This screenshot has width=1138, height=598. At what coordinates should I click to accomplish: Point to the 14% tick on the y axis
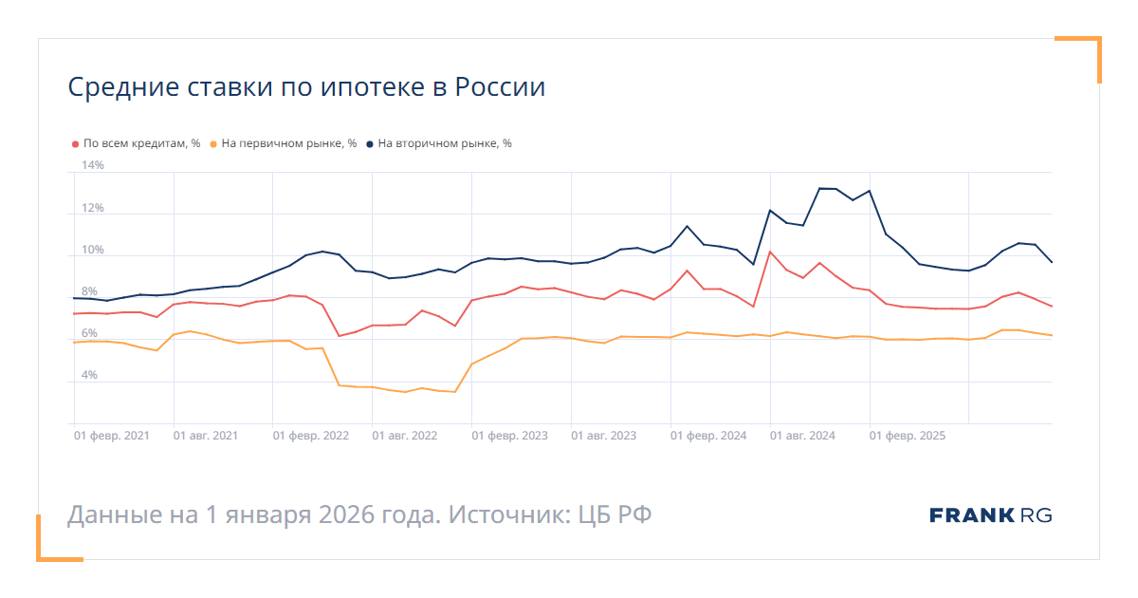click(92, 165)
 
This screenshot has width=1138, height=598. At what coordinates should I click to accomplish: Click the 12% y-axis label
click(92, 208)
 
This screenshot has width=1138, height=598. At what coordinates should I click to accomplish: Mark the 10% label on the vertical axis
click(92, 250)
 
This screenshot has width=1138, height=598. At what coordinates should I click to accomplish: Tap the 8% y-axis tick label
click(89, 291)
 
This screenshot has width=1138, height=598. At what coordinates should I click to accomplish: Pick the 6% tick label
click(89, 333)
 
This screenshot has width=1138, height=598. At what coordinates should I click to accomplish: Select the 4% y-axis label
click(89, 375)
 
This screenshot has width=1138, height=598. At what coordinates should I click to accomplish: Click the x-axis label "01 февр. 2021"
click(112, 436)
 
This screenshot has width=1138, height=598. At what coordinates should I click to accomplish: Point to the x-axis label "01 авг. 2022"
click(405, 436)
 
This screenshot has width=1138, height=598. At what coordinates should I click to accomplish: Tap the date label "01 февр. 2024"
click(708, 436)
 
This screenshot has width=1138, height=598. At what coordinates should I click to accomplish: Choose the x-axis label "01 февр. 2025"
click(908, 436)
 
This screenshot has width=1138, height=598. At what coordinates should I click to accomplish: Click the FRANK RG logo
click(990, 515)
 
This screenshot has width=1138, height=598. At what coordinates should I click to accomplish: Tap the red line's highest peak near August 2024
click(770, 252)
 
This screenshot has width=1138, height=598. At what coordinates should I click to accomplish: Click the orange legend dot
click(213, 144)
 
